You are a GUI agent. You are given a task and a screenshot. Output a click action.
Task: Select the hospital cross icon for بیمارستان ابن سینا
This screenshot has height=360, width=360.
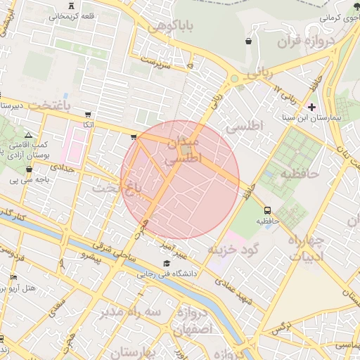[x=312, y=107]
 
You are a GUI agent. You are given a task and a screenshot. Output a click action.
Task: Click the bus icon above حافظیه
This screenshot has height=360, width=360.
[x=267, y=210]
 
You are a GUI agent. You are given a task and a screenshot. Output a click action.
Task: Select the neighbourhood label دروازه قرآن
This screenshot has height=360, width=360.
[x=293, y=42]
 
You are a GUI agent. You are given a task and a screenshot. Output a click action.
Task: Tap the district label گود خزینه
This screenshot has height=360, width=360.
[x=233, y=249]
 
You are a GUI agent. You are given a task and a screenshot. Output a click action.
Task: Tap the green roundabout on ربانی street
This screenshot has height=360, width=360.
[x=233, y=79]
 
